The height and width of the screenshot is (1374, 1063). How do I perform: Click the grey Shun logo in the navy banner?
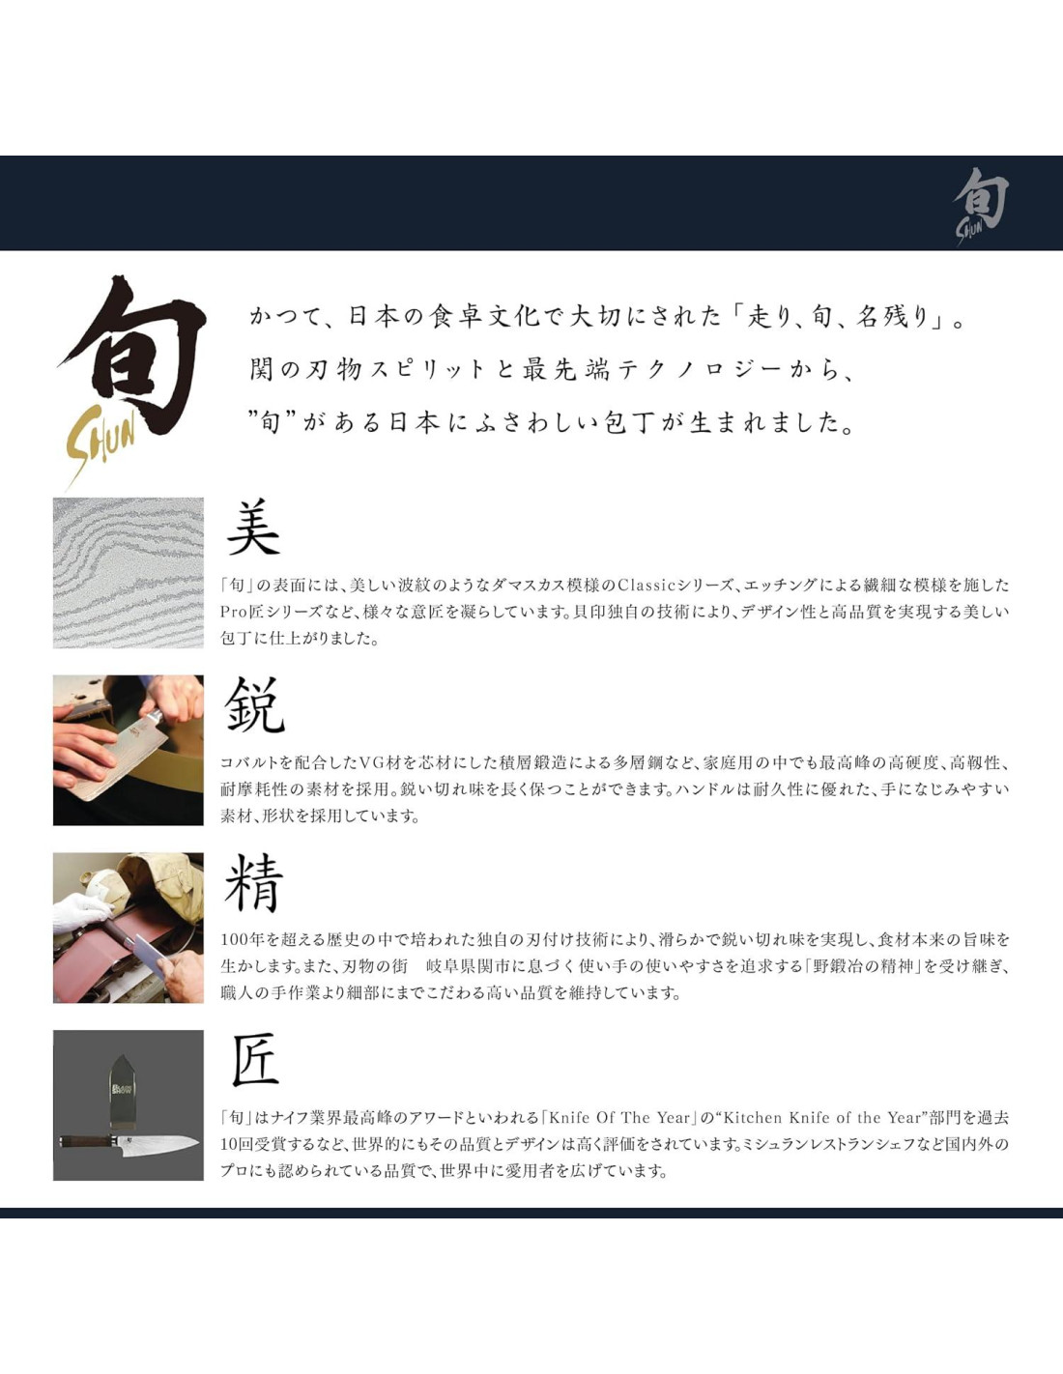pyautogui.click(x=981, y=207)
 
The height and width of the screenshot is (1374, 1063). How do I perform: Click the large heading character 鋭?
pyautogui.click(x=254, y=705)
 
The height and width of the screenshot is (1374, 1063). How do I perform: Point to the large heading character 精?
pyautogui.click(x=253, y=883)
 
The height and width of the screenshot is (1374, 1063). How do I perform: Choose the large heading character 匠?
pyautogui.click(x=254, y=1060)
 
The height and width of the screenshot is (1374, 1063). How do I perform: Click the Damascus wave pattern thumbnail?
pyautogui.click(x=129, y=573)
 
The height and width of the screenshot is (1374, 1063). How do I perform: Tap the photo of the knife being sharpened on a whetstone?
pyautogui.click(x=129, y=750)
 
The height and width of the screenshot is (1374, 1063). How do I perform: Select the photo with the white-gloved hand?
pyautogui.click(x=129, y=928)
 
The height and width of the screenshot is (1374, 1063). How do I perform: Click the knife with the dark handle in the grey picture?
pyautogui.click(x=129, y=1141)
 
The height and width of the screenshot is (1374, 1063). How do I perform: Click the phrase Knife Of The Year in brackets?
pyautogui.click(x=619, y=1117)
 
